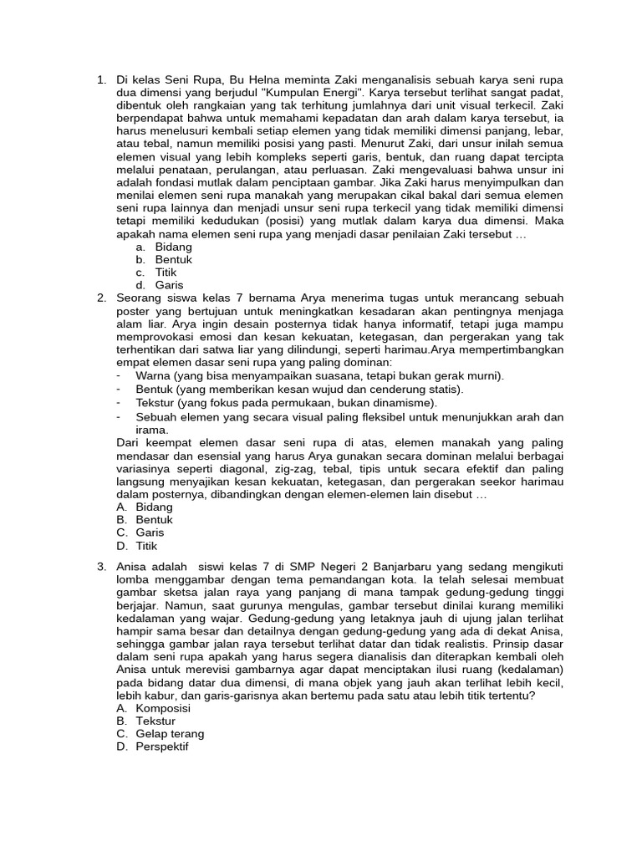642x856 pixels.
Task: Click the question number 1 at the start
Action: pos(100,81)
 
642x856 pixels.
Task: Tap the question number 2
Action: pos(100,298)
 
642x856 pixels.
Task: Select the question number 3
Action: pos(100,566)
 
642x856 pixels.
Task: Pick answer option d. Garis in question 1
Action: pos(157,285)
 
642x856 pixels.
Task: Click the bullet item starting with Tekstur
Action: pos(286,402)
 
